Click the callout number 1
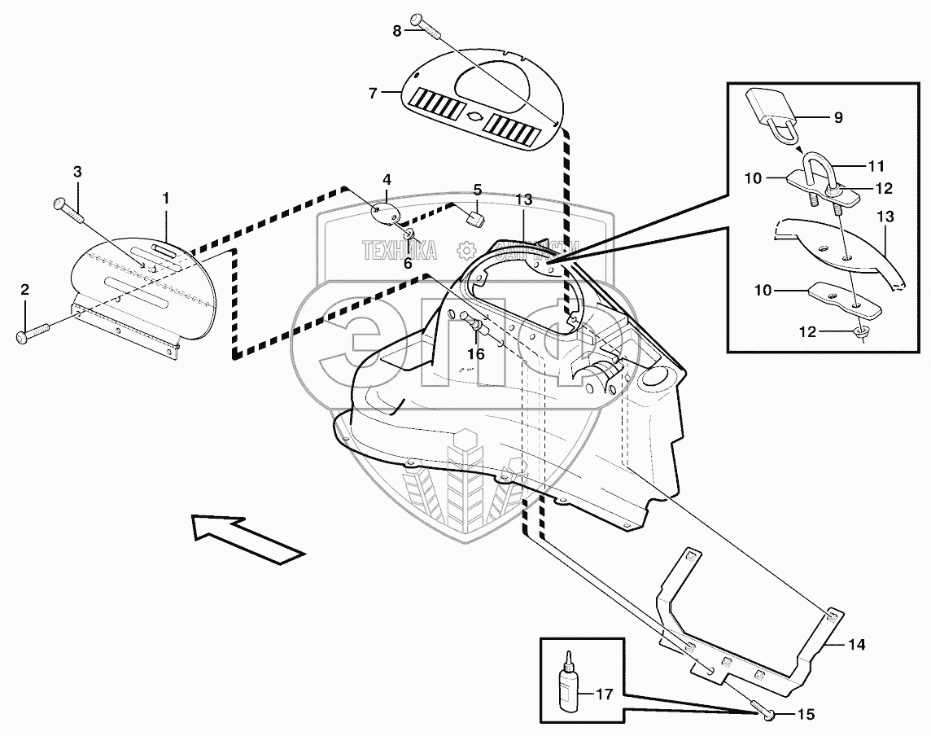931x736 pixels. click(x=165, y=197)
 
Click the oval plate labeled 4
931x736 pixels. click(x=384, y=212)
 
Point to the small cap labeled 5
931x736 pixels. click(x=475, y=217)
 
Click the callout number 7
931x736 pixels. click(x=374, y=93)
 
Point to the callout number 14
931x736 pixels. click(x=856, y=645)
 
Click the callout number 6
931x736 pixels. click(x=407, y=263)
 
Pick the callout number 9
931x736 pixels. click(x=838, y=117)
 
